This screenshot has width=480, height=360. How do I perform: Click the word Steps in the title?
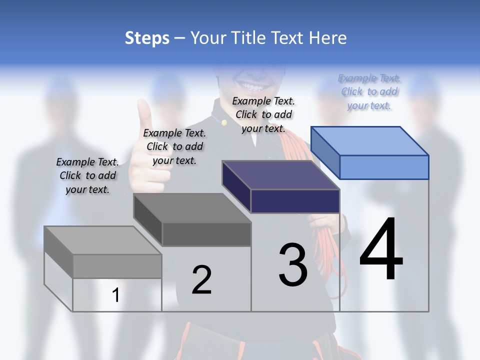click(147, 38)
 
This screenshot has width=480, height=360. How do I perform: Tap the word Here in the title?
click(328, 38)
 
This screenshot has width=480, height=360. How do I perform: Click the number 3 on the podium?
click(293, 265)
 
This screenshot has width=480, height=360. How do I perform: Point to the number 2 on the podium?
click(201, 279)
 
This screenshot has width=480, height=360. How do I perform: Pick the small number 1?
click(115, 295)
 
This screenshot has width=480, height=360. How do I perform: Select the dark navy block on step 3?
click(281, 187)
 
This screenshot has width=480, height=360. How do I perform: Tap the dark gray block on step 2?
click(192, 220)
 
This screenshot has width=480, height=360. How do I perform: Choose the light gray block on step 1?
click(103, 252)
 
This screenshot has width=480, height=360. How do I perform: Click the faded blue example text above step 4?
click(369, 92)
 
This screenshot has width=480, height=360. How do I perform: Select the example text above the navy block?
click(263, 114)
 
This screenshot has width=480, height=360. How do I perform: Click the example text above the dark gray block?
click(174, 146)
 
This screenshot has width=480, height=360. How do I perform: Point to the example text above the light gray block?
click(87, 175)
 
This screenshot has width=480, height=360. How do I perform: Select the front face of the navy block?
click(295, 201)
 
